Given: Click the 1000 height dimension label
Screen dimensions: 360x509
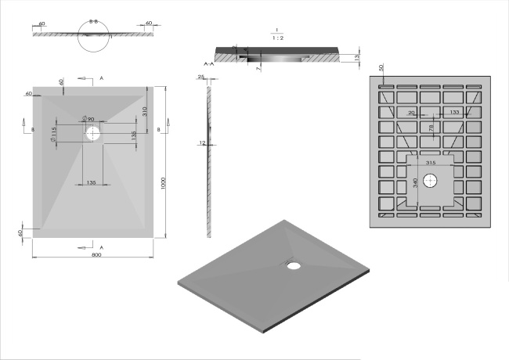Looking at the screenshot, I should click(164, 182).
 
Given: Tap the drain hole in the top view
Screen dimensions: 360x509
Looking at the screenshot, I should click(94, 134).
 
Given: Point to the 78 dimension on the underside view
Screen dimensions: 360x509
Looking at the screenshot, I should click(428, 128).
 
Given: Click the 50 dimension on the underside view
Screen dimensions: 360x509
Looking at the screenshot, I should click(381, 69).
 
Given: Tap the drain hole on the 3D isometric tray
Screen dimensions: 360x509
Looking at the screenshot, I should click(294, 265).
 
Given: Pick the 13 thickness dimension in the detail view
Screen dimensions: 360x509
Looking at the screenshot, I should click(356, 57).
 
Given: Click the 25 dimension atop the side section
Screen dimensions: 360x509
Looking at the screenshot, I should click(201, 77).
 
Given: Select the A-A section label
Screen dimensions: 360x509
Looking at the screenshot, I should click(208, 61).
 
